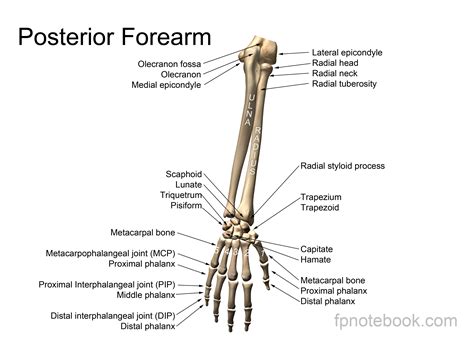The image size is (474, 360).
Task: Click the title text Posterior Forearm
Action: tap(115, 38)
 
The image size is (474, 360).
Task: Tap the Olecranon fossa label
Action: tap(177, 63)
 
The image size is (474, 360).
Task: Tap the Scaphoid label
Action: tap(185, 174)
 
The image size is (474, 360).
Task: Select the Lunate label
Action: tap(188, 185)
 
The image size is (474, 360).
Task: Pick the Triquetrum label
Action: tap(181, 195)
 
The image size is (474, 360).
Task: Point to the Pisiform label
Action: tap(185, 206)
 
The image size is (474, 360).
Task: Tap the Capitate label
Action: tap(319, 249)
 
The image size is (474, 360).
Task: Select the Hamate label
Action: tap(316, 260)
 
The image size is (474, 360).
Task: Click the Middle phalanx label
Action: tap(171, 295)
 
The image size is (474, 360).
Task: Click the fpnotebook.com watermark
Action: tap(396, 321)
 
